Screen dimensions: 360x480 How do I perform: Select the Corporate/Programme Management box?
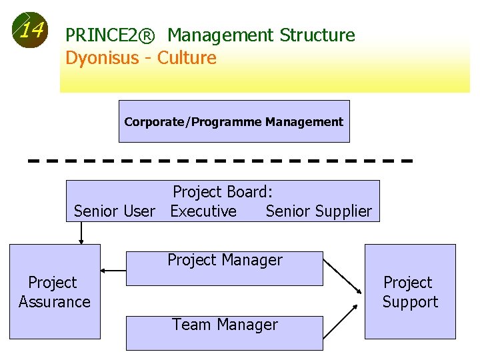point(234,121)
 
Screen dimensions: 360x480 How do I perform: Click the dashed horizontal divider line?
point(220,161)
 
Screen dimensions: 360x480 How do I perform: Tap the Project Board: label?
point(223,192)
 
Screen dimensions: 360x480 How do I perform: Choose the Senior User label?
point(114,211)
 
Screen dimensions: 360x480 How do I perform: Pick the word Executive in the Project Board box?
point(203,211)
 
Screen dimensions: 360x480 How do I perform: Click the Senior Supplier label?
point(319,211)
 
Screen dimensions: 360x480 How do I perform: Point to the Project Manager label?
point(225,260)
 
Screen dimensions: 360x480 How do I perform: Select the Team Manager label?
point(225,325)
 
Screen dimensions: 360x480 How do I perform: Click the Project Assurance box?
point(55,292)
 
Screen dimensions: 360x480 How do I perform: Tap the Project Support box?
point(410,292)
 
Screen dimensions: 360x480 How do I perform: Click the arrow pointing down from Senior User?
point(81,232)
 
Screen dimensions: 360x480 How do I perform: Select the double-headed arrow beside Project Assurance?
point(113,271)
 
